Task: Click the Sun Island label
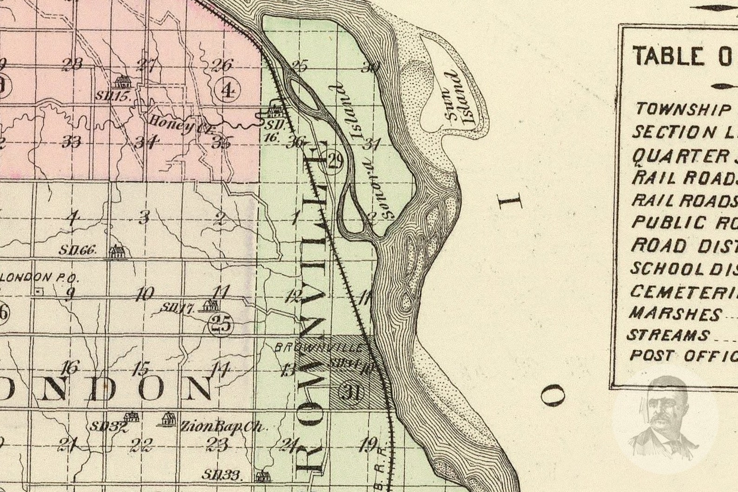[x=460, y=98]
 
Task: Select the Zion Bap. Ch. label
[x=222, y=426]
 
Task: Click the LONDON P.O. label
[x=40, y=277]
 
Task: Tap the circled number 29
[x=334, y=161]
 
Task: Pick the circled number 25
[x=221, y=324]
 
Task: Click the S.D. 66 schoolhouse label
[x=77, y=250]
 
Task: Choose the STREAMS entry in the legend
[x=668, y=335]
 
